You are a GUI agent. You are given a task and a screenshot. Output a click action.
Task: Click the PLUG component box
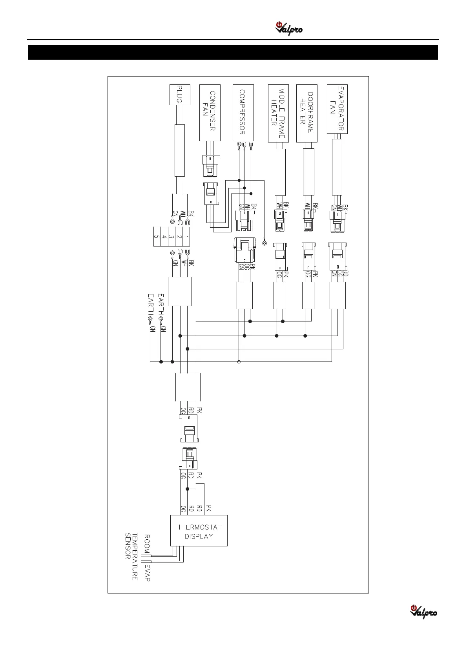pyautogui.click(x=180, y=95)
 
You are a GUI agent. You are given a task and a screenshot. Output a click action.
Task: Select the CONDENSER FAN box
pyautogui.click(x=210, y=113)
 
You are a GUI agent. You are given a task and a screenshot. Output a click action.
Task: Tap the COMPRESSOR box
pyautogui.click(x=243, y=113)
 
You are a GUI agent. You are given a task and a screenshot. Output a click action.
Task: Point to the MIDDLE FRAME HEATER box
pyautogui.click(x=278, y=113)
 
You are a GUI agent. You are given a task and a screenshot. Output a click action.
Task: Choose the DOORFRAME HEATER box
pyautogui.click(x=306, y=113)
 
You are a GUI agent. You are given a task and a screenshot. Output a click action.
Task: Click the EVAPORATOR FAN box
pyautogui.click(x=337, y=109)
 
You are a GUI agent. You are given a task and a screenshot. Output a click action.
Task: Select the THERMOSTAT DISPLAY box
pyautogui.click(x=199, y=531)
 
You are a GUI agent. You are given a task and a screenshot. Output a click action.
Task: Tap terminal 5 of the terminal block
pyautogui.click(x=157, y=237)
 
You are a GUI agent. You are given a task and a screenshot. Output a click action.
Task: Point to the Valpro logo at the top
pyautogui.click(x=289, y=29)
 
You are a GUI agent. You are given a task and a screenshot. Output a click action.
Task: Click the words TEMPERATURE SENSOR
pyautogui.click(x=131, y=556)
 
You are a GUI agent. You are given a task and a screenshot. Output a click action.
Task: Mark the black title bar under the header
pyautogui.click(x=233, y=52)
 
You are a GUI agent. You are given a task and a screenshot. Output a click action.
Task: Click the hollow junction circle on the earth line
pyautogui.click(x=239, y=362)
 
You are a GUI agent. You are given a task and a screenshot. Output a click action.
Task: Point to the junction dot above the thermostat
pyautogui.click(x=188, y=489)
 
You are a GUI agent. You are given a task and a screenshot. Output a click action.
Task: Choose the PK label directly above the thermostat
pyautogui.click(x=209, y=508)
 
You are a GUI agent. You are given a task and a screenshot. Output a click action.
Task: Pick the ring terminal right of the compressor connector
pyautogui.click(x=265, y=244)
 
